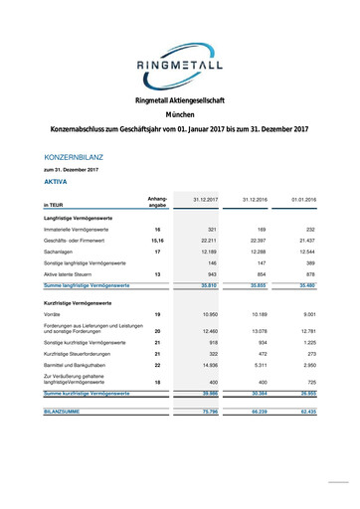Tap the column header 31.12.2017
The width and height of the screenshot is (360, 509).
click(205, 201)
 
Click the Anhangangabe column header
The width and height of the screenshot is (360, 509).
click(157, 202)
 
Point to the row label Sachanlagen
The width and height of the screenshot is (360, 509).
click(63, 252)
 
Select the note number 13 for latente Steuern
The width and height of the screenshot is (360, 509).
click(157, 273)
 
